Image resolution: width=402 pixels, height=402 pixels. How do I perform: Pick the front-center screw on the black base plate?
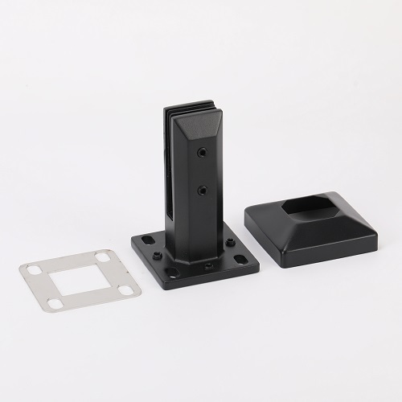tap(208, 265)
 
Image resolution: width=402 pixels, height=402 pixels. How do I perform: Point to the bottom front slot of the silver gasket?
tap(55, 304)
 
